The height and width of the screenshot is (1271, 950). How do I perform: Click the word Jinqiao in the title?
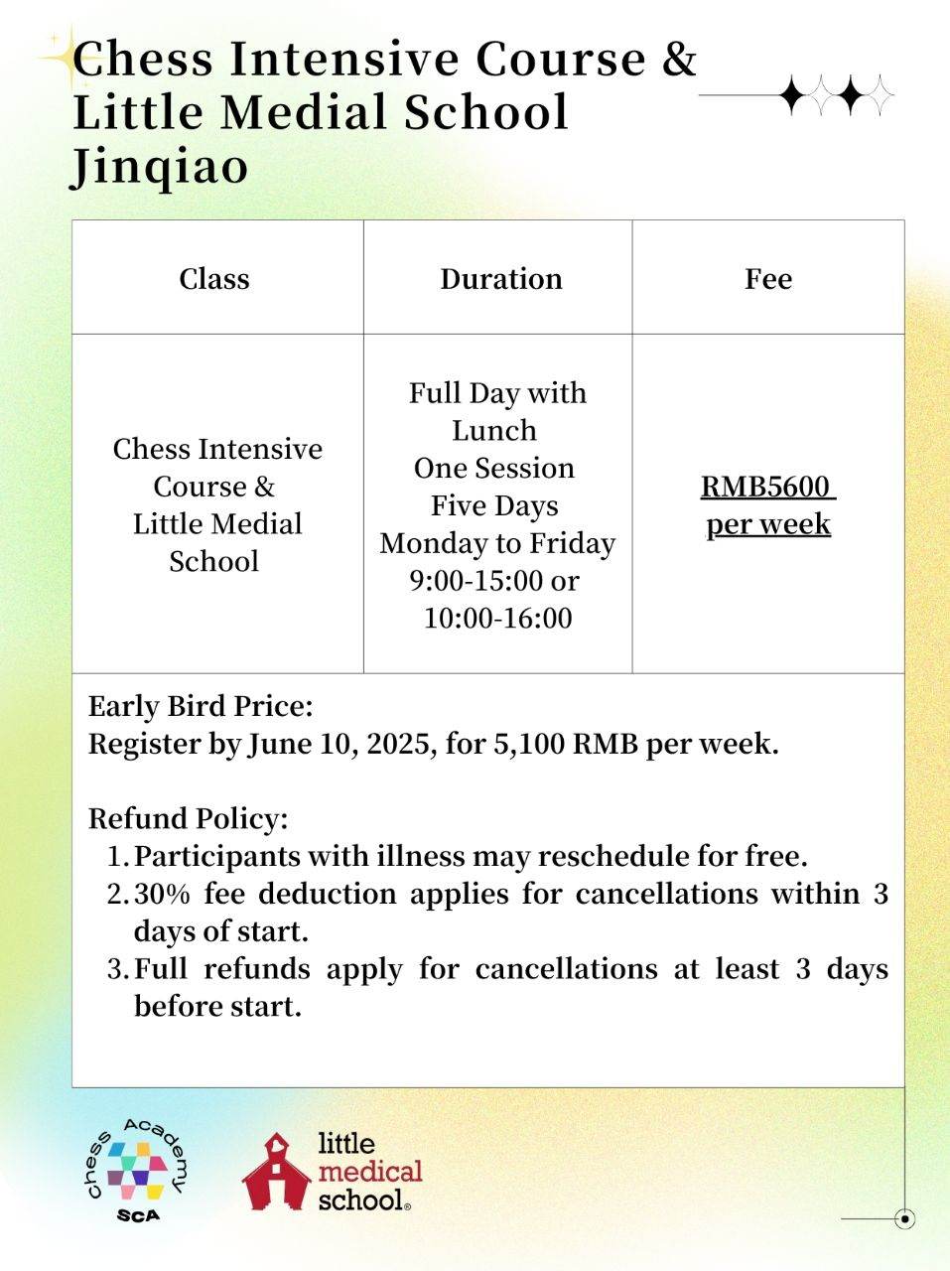(x=160, y=166)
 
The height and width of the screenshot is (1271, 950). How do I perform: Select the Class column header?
(x=213, y=279)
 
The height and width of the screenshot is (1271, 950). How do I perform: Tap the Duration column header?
(x=500, y=279)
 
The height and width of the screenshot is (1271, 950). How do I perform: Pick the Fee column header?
(x=767, y=279)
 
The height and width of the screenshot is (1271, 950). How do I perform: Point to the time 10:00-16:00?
(x=497, y=619)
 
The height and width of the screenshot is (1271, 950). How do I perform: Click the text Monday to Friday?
(x=497, y=544)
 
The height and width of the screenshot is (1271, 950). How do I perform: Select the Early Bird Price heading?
(x=201, y=707)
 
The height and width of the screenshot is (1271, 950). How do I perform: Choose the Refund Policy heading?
(x=188, y=819)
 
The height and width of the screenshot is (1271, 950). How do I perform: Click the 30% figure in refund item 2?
(x=161, y=894)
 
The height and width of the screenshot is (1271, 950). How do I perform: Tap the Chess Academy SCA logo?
(x=135, y=1170)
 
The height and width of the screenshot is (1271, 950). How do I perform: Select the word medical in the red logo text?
(x=369, y=1172)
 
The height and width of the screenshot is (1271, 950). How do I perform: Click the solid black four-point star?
(x=793, y=95)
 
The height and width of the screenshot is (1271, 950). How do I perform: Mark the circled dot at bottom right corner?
(x=903, y=1218)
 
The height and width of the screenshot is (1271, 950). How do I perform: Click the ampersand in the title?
(x=679, y=60)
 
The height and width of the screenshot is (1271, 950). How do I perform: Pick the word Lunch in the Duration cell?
(x=494, y=431)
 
